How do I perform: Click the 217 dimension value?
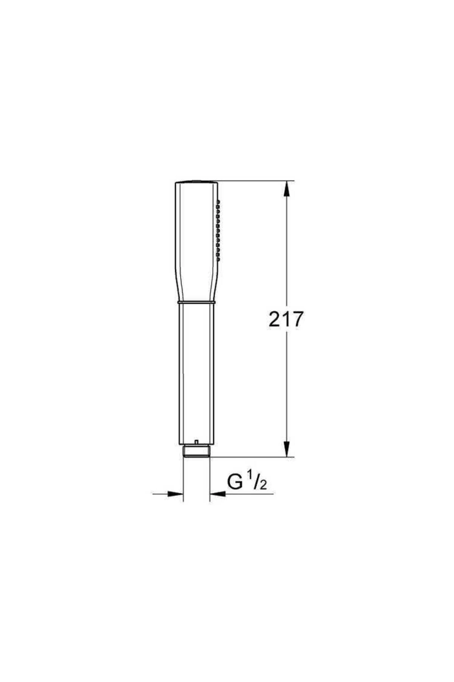286,319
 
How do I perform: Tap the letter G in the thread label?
235,482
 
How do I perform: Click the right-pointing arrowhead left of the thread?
175,494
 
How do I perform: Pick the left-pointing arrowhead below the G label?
218,494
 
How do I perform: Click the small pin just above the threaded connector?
196,442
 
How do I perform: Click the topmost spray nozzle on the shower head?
218,200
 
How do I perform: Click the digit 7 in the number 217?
297,319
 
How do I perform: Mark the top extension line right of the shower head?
253,180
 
